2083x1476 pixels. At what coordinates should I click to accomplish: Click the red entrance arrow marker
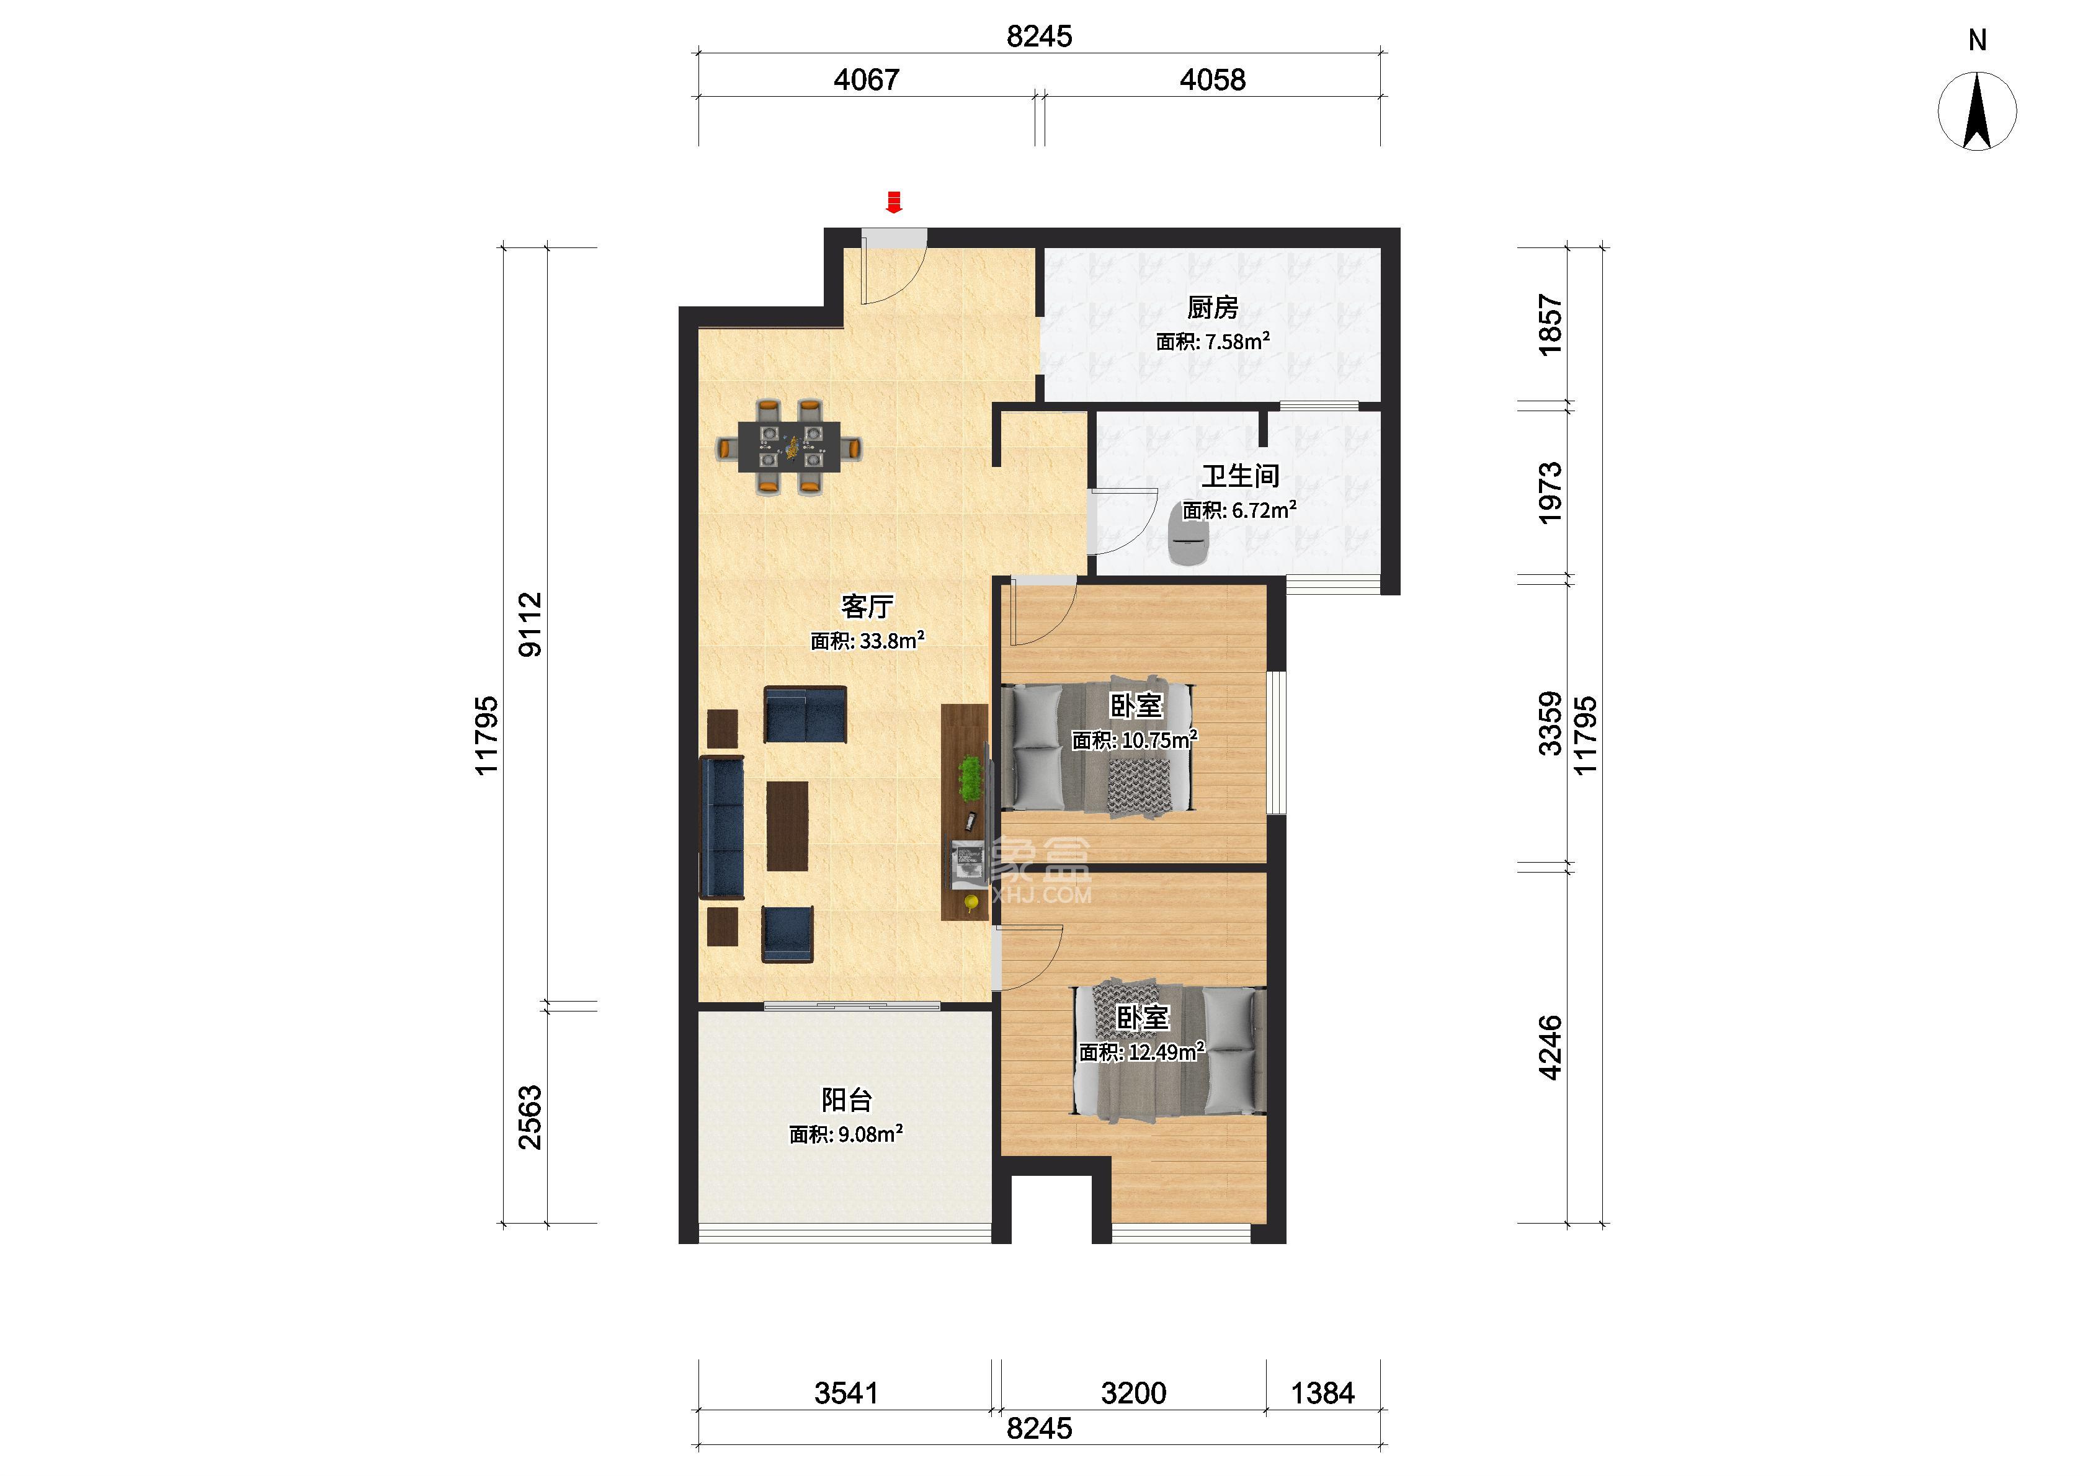click(894, 202)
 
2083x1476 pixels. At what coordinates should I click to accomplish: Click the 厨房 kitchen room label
click(1212, 308)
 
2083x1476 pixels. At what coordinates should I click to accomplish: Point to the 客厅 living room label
click(867, 607)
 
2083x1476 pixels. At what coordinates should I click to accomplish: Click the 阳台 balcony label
click(847, 1101)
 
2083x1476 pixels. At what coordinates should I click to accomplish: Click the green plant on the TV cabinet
click(971, 779)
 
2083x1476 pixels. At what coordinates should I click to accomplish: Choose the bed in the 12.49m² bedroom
click(1171, 1052)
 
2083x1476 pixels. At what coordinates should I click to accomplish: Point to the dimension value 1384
click(1323, 1394)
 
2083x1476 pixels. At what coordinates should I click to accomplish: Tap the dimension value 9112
click(530, 625)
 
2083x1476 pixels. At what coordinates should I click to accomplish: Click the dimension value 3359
click(1550, 724)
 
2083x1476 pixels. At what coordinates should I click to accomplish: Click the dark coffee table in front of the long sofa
click(787, 826)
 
